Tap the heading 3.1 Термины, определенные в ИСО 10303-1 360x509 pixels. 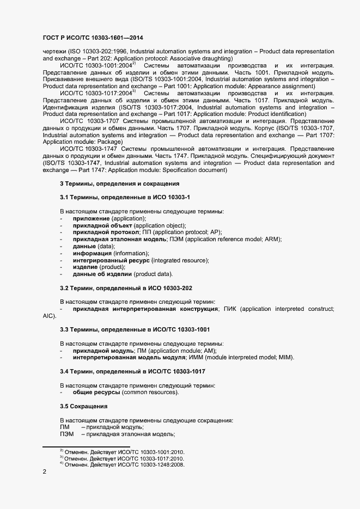pos(124,198)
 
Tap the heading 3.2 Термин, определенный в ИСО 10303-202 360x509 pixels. pos(126,287)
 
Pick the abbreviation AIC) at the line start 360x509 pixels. pos(49,316)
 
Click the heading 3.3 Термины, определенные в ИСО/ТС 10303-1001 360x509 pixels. pos(135,329)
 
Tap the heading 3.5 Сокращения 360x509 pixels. pos(83,406)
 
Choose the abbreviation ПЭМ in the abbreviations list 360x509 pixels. pos(66,434)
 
